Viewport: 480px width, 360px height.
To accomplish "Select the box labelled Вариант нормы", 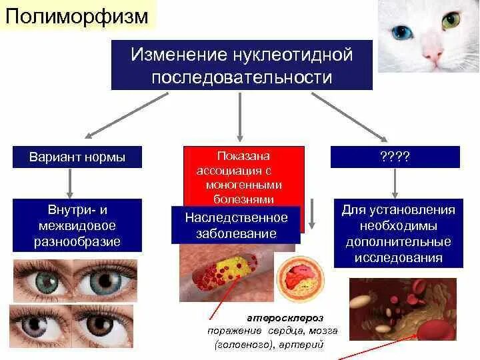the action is (77, 157).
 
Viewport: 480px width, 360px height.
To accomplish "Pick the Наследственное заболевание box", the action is (236, 225).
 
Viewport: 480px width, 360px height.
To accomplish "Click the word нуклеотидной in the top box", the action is (293, 55).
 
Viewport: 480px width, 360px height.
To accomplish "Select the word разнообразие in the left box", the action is (77, 241).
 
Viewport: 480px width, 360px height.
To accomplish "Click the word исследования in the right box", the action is (398, 257).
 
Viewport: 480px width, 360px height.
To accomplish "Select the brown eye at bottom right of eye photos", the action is (105, 325).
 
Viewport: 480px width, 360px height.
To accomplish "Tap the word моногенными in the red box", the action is (244, 184).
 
